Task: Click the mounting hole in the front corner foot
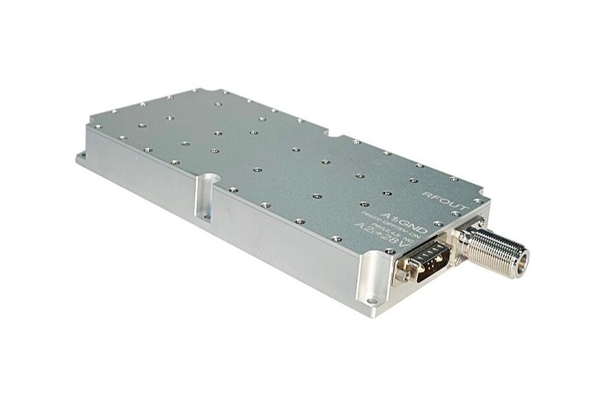[373, 303]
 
